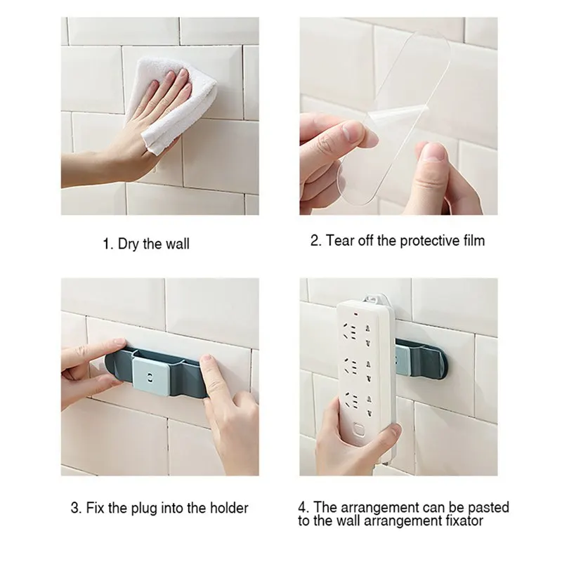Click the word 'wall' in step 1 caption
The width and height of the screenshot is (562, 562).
coord(178,244)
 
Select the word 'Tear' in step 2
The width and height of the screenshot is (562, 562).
coord(339,241)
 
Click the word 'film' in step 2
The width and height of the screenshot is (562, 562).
coord(473,241)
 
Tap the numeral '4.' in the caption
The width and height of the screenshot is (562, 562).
coord(302,507)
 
